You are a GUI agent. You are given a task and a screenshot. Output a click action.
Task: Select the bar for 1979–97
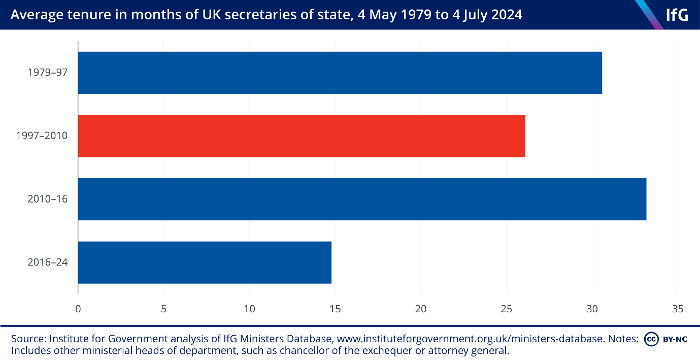pos(340,73)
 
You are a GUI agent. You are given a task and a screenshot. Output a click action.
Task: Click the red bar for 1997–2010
pos(302,136)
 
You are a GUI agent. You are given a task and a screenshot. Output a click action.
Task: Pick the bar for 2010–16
pos(362,199)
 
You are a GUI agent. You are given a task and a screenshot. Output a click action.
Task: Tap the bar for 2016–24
pos(205,263)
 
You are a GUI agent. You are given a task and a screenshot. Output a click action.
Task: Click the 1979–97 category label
pos(48,73)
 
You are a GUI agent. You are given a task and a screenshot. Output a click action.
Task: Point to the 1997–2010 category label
pos(42,136)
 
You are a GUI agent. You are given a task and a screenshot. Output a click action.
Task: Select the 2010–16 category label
pos(48,199)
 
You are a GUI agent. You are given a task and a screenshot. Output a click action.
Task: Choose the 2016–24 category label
pos(48,263)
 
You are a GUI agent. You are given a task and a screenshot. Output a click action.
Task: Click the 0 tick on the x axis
pos(78,308)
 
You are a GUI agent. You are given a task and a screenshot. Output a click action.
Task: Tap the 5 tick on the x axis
pos(163,308)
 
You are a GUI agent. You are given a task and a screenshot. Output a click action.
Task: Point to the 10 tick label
pos(249,308)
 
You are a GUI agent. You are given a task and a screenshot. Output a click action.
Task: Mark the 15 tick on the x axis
pos(335,308)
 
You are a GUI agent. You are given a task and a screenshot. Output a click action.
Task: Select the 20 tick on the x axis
pos(421,308)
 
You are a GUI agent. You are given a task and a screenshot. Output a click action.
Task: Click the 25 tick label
pos(507,308)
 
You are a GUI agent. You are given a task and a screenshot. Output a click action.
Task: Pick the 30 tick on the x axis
pos(592,308)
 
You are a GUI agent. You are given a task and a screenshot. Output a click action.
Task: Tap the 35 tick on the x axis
pos(678,308)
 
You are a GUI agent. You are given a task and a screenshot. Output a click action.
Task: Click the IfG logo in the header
pos(677,15)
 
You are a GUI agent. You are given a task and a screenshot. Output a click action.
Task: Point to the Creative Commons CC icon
pos(651,339)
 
